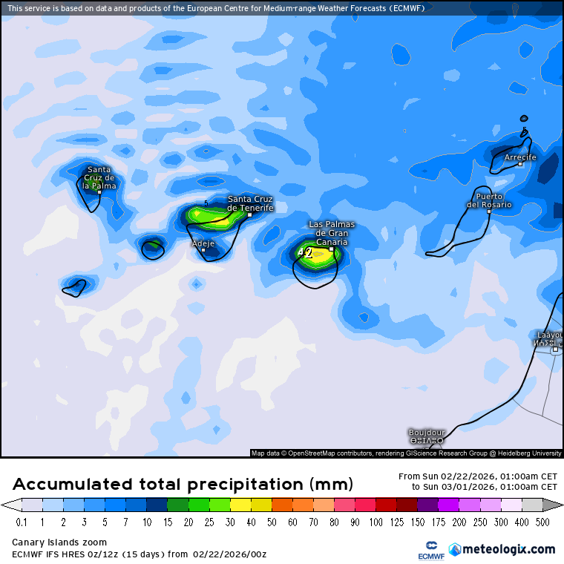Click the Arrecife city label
[519, 157]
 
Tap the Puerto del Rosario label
[489, 200]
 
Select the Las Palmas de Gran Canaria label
[332, 233]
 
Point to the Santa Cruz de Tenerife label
[250, 203]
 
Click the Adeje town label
[203, 243]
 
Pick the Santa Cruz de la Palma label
[99, 177]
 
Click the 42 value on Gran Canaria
[305, 253]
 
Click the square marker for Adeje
[203, 250]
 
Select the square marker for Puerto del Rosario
[489, 211]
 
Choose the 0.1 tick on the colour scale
[21, 522]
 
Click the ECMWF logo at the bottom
[426, 550]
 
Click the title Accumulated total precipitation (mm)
[183, 485]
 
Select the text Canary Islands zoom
[59, 542]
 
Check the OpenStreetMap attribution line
[406, 453]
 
